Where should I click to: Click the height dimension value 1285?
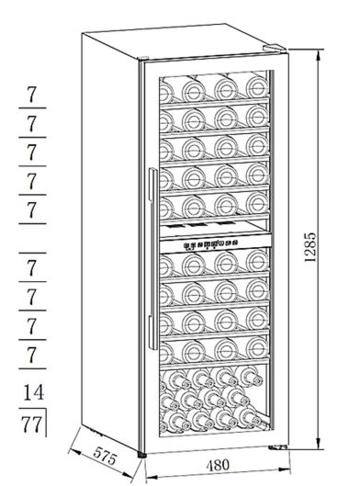pos(310,247)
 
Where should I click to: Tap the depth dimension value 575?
pos(105,456)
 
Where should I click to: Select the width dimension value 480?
pos(218,465)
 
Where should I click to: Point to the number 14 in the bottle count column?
pos(34,392)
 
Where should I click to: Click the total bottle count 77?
pos(32,424)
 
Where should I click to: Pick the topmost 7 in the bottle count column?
pos(31,95)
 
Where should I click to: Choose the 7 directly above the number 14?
pos(31,355)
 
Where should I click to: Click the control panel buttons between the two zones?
pos(211,245)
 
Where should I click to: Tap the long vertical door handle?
pos(152,258)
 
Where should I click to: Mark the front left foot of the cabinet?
pos(141,455)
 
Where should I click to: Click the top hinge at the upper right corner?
pos(275,49)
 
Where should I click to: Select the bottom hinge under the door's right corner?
pos(277,447)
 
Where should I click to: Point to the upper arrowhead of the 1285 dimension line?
pos(318,55)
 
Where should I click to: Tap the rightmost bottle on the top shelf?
pos(257,87)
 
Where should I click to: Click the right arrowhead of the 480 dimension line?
pos(285,469)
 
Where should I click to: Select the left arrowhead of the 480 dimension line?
pos(152,477)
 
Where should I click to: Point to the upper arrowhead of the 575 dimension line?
pos(74,451)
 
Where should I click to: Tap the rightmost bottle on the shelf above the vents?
pos(257,203)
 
